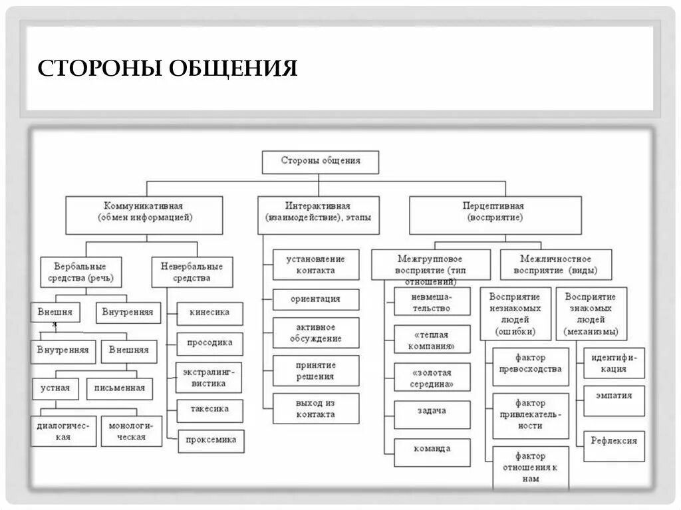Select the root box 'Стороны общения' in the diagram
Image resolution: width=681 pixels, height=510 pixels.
(x=320, y=161)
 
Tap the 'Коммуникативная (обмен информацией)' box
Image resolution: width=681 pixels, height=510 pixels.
(x=144, y=212)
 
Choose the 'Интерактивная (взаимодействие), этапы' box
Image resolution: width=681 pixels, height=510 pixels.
(x=318, y=212)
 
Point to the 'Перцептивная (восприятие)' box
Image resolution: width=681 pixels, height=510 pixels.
(x=494, y=212)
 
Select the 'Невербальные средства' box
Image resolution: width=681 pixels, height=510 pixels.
(x=192, y=272)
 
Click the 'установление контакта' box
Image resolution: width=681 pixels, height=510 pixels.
(x=316, y=265)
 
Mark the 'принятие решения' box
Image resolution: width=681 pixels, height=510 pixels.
(x=316, y=371)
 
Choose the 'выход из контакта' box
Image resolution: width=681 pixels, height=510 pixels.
(x=316, y=408)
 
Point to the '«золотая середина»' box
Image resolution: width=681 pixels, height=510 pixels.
(x=432, y=378)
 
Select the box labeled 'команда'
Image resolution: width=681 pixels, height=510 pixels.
(x=432, y=448)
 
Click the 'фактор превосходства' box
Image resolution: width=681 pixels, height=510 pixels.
(x=531, y=364)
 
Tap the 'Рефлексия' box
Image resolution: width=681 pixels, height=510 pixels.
(x=614, y=440)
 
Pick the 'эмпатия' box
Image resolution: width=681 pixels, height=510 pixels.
(x=614, y=396)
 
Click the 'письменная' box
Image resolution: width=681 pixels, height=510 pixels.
(x=120, y=388)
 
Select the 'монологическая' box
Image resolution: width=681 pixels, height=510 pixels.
(x=132, y=432)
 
